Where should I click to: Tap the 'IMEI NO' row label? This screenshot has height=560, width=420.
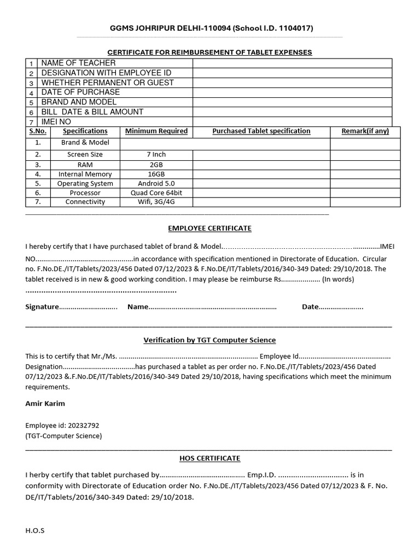56,121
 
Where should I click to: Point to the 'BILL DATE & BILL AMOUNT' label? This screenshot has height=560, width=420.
92,112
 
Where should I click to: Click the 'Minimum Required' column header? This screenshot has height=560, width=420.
156,131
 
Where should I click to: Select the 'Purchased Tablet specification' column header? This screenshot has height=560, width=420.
261,131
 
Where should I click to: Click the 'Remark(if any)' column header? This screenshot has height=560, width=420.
365,131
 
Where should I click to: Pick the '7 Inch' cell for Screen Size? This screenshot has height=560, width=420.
156,155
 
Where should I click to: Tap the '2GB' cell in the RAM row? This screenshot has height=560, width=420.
156,165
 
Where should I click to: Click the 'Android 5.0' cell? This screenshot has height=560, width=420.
156,184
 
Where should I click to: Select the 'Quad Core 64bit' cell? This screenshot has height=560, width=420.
156,193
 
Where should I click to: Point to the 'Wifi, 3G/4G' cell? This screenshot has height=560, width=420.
156,202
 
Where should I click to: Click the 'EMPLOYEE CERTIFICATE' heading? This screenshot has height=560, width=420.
209,228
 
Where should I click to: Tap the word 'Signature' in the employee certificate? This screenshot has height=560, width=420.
42,307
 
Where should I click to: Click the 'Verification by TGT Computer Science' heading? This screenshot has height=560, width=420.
209,340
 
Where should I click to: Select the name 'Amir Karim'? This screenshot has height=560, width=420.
45,404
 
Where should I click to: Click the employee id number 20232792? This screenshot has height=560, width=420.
81,425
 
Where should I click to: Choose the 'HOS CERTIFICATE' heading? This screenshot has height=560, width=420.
209,458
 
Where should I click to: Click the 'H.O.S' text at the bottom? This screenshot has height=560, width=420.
34,530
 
